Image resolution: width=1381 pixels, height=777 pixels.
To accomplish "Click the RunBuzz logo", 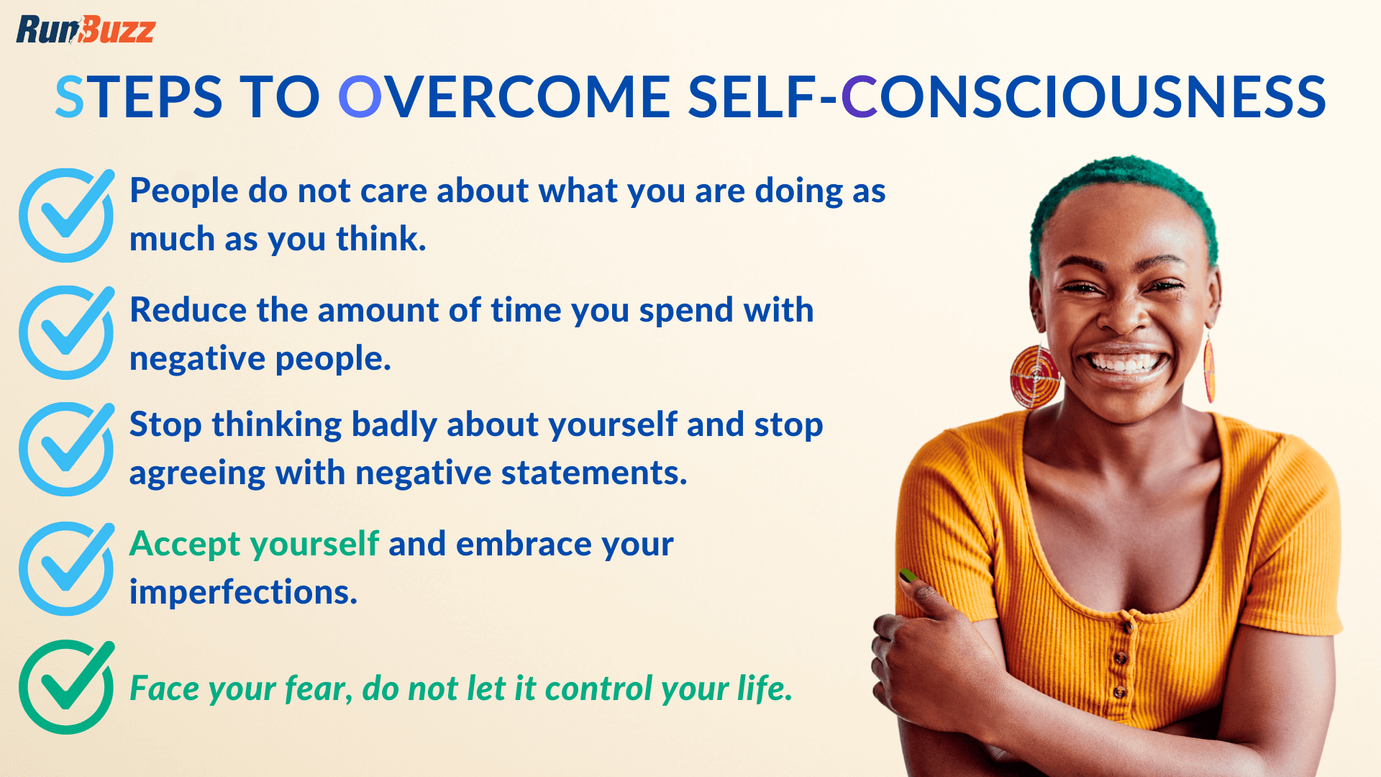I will pos(85,30).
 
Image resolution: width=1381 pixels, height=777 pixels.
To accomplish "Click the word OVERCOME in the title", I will pos(504,98).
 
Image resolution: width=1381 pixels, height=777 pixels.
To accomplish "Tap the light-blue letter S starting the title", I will pos(69,98).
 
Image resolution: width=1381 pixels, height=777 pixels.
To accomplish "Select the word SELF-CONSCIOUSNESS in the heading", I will pos(1007,98).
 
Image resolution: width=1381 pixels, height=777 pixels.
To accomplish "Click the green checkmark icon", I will pos(66,687).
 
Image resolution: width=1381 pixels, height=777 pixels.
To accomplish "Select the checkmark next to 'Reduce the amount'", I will pos(66,333).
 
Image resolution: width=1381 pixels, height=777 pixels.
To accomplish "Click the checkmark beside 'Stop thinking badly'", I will pos(66,450).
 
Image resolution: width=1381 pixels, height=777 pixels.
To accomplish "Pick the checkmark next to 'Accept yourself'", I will pos(66,568).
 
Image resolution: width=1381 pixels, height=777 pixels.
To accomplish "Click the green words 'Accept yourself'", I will pos(254,544).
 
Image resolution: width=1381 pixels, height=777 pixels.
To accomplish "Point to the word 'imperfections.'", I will pos(243,592).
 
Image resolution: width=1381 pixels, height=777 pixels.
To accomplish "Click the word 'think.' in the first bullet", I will pos(381,240).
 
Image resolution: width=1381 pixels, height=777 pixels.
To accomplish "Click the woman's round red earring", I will pos(1034,376).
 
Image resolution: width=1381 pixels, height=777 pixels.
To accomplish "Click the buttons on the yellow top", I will pos(1120,658).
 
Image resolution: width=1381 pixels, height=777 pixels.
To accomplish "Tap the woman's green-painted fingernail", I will pos(908,575).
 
